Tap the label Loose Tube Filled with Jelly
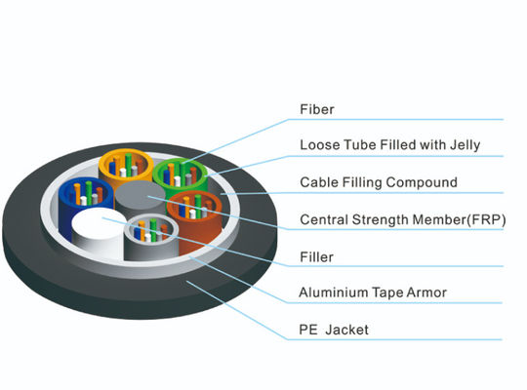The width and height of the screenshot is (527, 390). [x=389, y=145]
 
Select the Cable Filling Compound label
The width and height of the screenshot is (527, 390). [x=378, y=182]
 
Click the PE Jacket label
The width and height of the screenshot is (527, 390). [x=335, y=330]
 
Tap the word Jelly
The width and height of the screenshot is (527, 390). [x=464, y=145]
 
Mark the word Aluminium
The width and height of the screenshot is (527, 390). [x=329, y=292]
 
